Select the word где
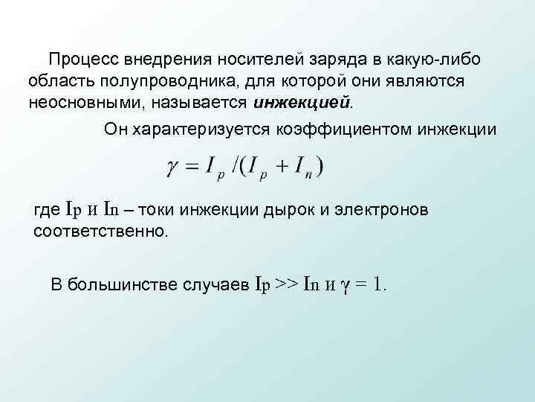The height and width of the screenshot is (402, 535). pyautogui.click(x=48, y=210)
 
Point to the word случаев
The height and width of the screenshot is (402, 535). pyautogui.click(x=215, y=284)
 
